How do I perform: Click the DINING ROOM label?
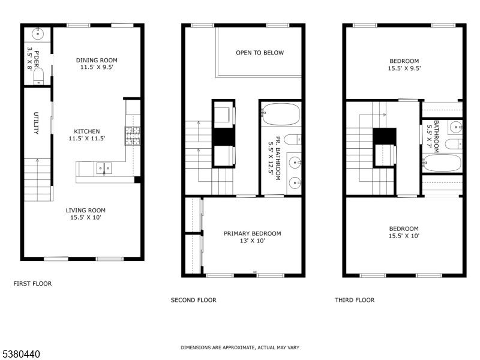click(x=97, y=61)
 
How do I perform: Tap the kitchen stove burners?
click(x=132, y=136)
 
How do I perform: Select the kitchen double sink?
click(x=104, y=169)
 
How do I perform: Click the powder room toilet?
click(x=38, y=76)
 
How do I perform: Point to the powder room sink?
click(x=38, y=34)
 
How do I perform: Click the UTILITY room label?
click(x=36, y=124)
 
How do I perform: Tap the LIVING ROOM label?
click(x=86, y=211)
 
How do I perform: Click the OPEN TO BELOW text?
click(x=260, y=53)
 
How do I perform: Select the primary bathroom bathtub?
click(x=281, y=114)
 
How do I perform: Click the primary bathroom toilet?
click(x=293, y=140)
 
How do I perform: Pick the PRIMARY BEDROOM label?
click(x=252, y=233)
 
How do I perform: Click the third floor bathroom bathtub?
click(x=442, y=163)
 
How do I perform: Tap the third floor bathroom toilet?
click(x=454, y=144)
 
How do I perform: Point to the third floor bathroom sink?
click(x=456, y=127)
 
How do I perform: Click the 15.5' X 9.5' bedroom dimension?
click(x=404, y=68)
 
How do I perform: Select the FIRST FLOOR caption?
click(x=33, y=284)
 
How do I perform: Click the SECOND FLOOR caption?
click(x=193, y=300)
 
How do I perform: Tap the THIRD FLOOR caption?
click(x=355, y=300)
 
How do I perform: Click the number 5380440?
click(x=20, y=354)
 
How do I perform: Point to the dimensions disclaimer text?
click(x=240, y=347)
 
